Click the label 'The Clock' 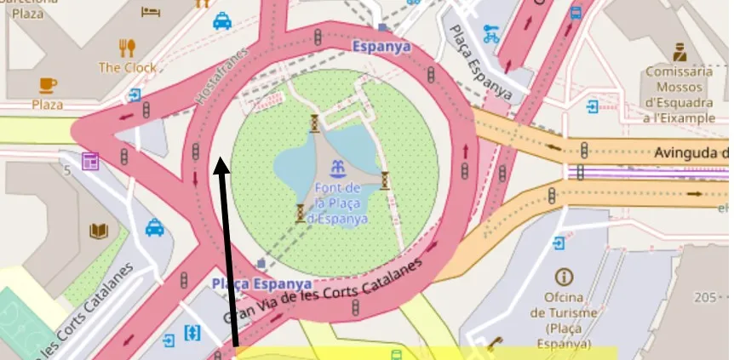tap(128, 67)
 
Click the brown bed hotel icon tap(151, 12)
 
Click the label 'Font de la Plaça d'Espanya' tap(338, 203)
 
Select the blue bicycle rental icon tap(490, 34)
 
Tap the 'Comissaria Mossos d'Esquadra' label tap(679, 94)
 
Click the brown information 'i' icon tap(562, 277)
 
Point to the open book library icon tap(100, 231)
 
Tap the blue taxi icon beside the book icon tap(154, 227)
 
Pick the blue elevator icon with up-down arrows tap(191, 332)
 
